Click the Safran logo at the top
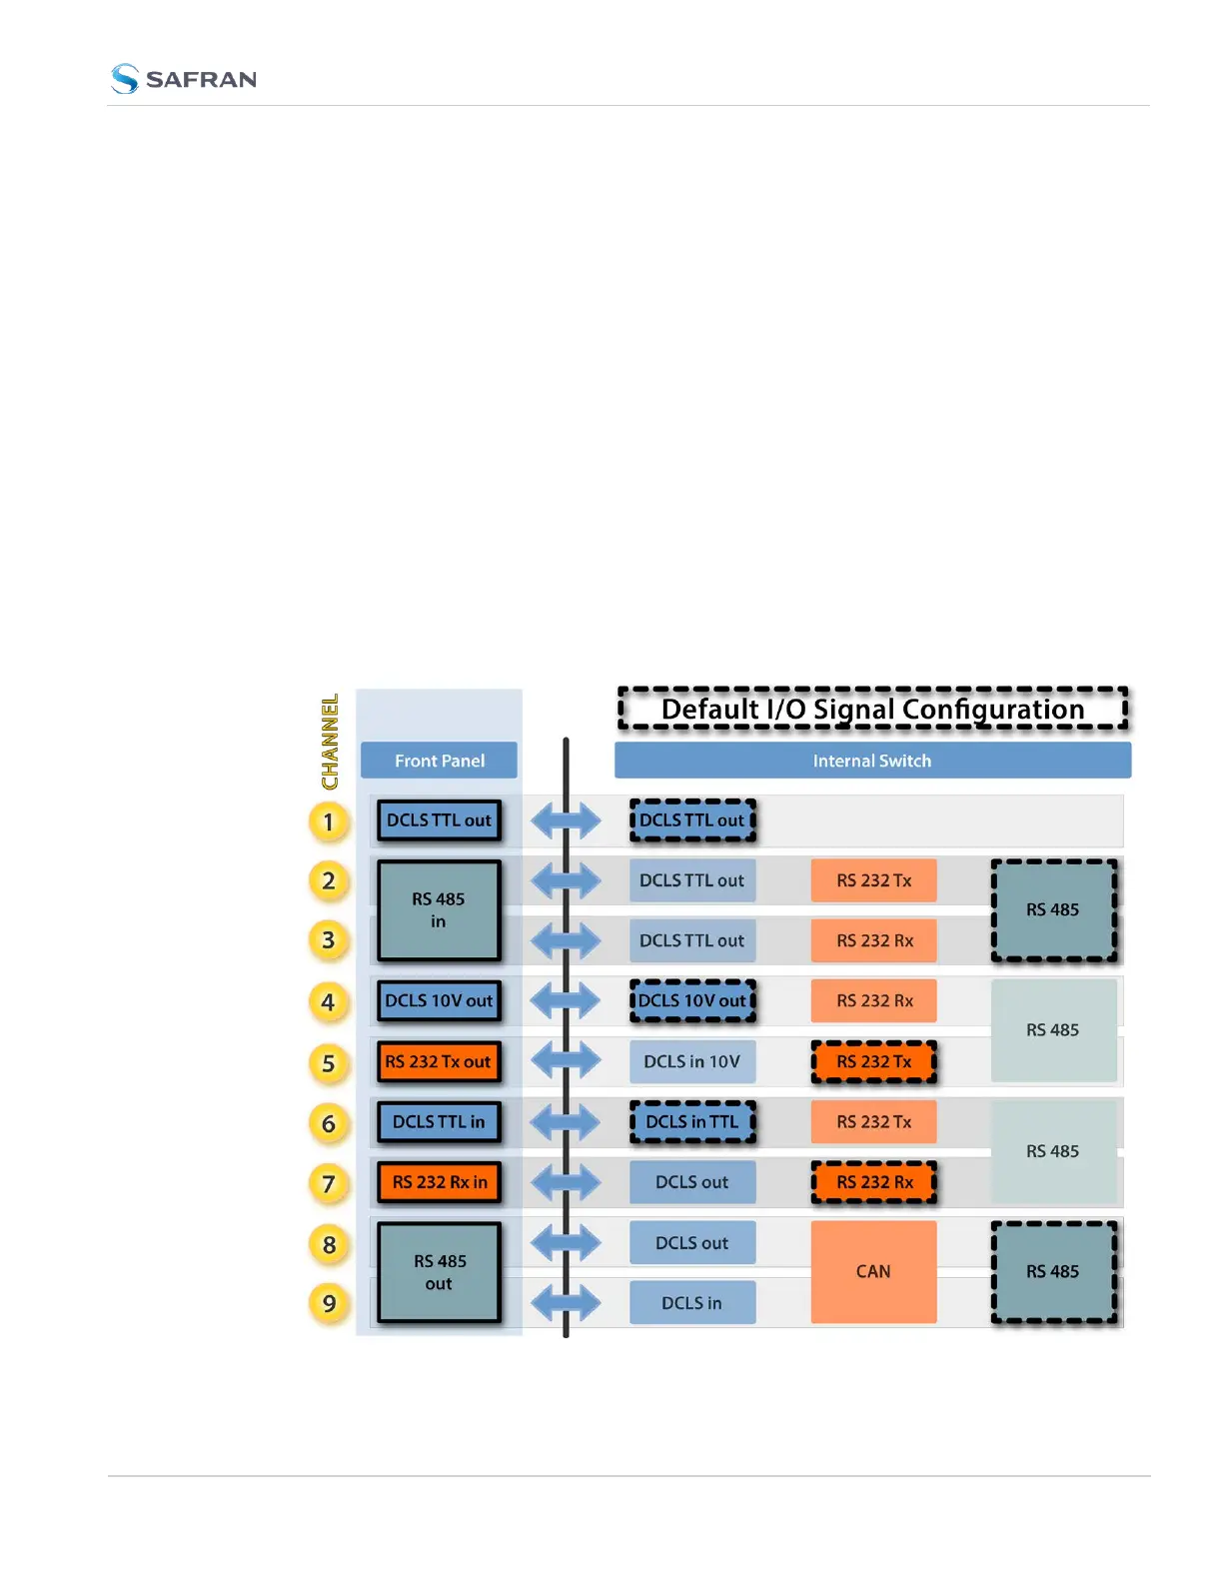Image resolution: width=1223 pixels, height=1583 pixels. pyautogui.click(x=184, y=79)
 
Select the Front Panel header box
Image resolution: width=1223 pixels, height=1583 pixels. pyautogui.click(x=439, y=761)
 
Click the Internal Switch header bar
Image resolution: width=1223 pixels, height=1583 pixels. pyautogui.click(x=872, y=761)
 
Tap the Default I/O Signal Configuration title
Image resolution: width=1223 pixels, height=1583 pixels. pyautogui.click(x=872, y=709)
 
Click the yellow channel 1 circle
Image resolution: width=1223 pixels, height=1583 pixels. pyautogui.click(x=328, y=821)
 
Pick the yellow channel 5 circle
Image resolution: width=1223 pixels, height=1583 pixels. pyautogui.click(x=328, y=1063)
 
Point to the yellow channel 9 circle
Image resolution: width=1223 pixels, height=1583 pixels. pyautogui.click(x=329, y=1303)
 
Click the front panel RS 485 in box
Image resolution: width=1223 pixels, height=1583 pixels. pyautogui.click(x=439, y=910)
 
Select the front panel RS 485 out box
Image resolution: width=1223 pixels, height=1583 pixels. pyautogui.click(x=439, y=1272)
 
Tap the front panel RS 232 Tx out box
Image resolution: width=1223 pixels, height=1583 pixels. pyautogui.click(x=439, y=1061)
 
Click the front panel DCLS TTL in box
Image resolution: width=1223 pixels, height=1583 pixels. pyautogui.click(x=439, y=1121)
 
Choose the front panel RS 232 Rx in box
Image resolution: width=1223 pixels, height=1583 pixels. pyautogui.click(x=439, y=1182)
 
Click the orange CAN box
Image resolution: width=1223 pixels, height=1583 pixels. pyautogui.click(x=873, y=1271)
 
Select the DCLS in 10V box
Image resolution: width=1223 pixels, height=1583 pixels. pyautogui.click(x=692, y=1061)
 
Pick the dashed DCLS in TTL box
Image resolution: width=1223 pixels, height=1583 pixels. pyautogui.click(x=692, y=1121)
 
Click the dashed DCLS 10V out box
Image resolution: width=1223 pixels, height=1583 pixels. pyautogui.click(x=692, y=1000)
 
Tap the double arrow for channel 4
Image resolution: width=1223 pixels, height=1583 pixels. pyautogui.click(x=566, y=1000)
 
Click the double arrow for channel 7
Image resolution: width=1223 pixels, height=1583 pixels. pyautogui.click(x=566, y=1182)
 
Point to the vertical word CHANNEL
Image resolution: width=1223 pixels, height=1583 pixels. pyautogui.click(x=330, y=742)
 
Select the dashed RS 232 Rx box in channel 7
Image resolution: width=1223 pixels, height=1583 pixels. pyautogui.click(x=874, y=1182)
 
